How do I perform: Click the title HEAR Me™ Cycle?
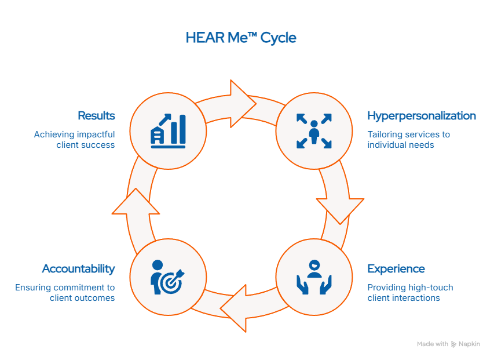click(241, 38)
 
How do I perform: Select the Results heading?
click(96, 116)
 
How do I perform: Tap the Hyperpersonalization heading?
click(422, 116)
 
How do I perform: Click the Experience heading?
click(396, 269)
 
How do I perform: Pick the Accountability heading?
click(78, 269)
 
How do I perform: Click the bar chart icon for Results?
click(168, 131)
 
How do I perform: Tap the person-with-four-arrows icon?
click(314, 131)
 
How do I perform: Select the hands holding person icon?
click(314, 277)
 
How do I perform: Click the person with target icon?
click(167, 277)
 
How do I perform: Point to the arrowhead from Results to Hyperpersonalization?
click(243, 104)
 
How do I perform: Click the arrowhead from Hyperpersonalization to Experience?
click(341, 210)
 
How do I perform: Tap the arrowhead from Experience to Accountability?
click(234, 308)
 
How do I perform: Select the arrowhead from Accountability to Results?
click(136, 201)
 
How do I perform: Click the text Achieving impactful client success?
click(74, 140)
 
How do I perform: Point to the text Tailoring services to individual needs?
click(409, 140)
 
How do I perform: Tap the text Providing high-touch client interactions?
click(410, 293)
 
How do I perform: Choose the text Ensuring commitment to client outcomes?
click(65, 293)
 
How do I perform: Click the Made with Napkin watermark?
click(448, 344)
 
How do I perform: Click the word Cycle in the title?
click(278, 38)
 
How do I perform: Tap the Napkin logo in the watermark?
click(453, 344)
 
